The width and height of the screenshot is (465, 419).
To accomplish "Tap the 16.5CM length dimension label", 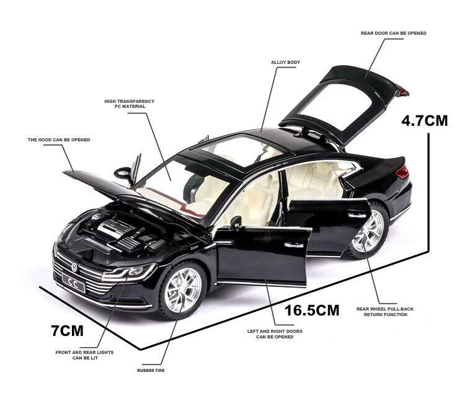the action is (312, 309).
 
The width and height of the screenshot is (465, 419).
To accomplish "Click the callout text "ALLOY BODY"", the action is (286, 63).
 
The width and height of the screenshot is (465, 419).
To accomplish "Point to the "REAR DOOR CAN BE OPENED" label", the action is (394, 33).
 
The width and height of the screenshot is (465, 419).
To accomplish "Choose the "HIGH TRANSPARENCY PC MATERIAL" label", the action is (130, 104).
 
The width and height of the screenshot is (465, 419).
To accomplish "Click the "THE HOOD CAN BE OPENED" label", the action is (59, 140).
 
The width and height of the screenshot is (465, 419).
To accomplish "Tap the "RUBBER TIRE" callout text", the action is (151, 371).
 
